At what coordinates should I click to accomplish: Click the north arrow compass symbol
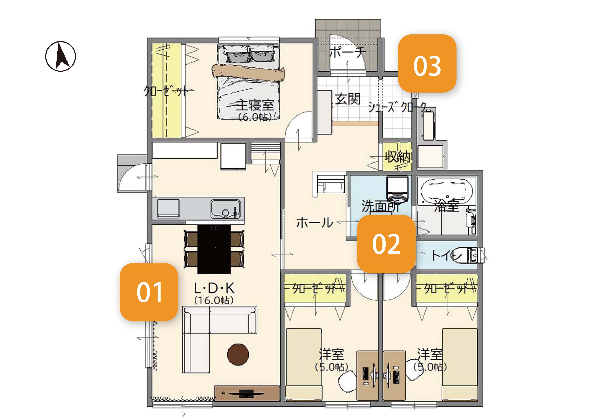(61, 56)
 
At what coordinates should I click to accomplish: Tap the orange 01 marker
(149, 292)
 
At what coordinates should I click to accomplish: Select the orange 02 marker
(386, 244)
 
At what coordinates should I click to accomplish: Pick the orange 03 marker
(427, 63)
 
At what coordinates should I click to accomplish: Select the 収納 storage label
(397, 157)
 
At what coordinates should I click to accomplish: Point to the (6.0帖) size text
(255, 118)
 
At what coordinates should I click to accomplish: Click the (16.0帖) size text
(214, 300)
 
